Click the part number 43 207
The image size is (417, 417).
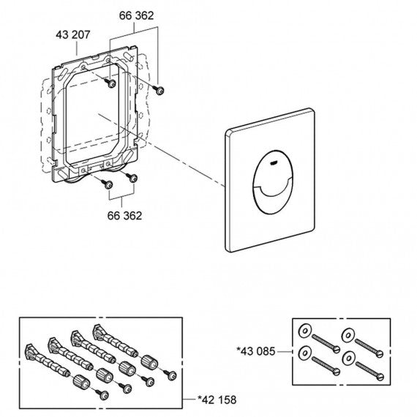73,35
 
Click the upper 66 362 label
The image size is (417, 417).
136,15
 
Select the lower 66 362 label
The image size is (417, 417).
124,216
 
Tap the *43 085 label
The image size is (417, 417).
256,351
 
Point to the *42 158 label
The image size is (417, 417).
217,399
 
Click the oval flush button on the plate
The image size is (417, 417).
272,182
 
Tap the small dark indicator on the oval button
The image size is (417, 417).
274,162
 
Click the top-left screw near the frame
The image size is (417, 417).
110,83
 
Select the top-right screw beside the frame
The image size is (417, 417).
159,90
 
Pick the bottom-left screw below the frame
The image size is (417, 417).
107,184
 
